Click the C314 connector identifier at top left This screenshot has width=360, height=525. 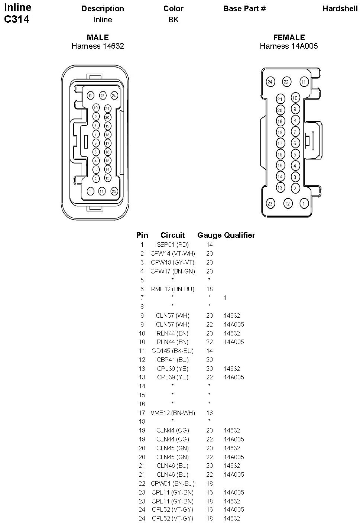coord(17,19)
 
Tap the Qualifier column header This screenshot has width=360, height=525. coord(239,235)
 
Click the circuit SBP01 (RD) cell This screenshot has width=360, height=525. coord(172,244)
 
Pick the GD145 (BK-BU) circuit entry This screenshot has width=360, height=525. coord(172,351)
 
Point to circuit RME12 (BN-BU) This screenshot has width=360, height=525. coord(172,289)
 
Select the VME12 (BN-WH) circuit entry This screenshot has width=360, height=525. coord(172,413)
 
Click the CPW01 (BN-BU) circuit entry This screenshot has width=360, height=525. coord(172,483)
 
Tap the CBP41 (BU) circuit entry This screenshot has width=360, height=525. coord(172,360)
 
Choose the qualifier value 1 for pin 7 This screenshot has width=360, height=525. coord(225,298)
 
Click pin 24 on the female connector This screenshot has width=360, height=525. coord(270,82)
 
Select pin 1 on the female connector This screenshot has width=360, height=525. coord(304,203)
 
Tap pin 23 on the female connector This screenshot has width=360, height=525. coord(270,203)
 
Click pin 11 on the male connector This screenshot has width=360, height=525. coord(90,95)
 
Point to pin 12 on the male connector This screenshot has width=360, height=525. coord(101,191)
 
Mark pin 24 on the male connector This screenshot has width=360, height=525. coord(114,95)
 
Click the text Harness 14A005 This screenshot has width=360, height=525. coord(289,46)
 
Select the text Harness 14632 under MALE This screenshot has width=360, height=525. coord(98,46)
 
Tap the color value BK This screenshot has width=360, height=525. coord(173,20)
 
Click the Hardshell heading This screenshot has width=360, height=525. coord(340,9)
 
